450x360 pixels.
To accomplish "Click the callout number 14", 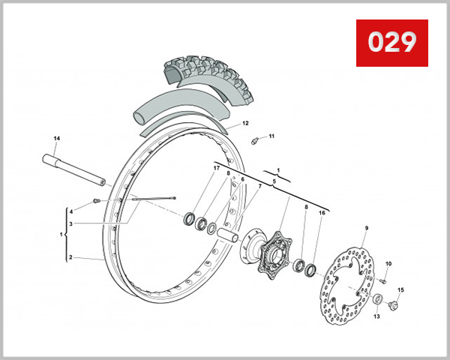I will [56, 139].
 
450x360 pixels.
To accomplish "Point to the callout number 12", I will [245, 123].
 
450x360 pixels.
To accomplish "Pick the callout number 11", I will [271, 136].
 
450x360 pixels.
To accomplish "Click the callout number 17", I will [217, 168].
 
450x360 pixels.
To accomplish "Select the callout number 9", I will [367, 227].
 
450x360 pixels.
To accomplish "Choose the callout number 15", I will [400, 289].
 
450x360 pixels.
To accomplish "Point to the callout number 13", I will [376, 316].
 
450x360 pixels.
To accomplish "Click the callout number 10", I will [388, 264].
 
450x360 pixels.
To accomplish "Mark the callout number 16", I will [322, 213].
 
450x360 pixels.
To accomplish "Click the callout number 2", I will [70, 257].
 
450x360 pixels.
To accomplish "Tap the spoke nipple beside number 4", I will [96, 200].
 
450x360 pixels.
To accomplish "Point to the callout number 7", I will [260, 186].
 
